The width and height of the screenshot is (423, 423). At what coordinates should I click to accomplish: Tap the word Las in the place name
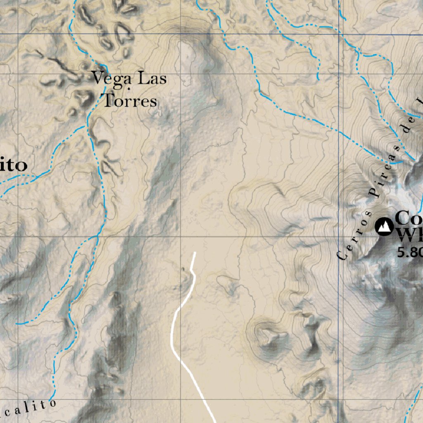click(x=152, y=78)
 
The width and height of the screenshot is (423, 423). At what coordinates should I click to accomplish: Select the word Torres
click(x=130, y=100)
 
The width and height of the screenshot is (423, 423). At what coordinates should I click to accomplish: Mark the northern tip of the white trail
click(x=195, y=252)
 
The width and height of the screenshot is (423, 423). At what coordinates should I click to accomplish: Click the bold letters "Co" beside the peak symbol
click(x=409, y=218)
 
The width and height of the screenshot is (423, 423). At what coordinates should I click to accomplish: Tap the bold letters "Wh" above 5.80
click(x=409, y=235)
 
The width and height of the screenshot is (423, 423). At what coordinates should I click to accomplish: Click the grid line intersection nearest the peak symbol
click(x=339, y=237)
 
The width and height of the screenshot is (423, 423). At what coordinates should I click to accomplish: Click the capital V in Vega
click(x=97, y=78)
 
